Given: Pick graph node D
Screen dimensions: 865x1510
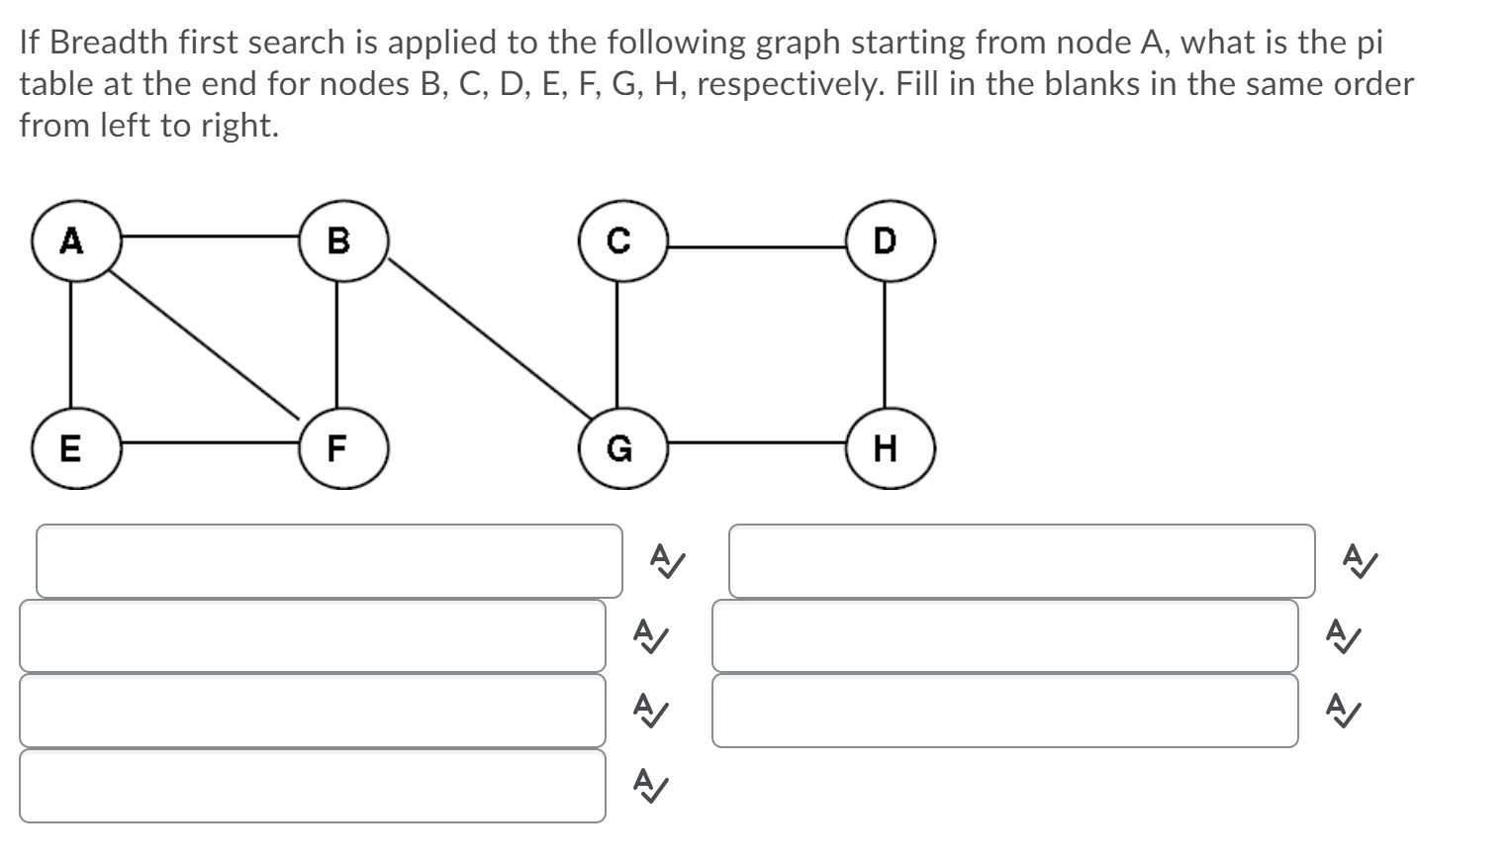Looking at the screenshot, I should [885, 240].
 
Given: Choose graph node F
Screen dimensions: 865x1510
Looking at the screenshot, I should [337, 448].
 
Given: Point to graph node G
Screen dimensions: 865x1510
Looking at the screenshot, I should [617, 448].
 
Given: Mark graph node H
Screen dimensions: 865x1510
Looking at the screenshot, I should [885, 448].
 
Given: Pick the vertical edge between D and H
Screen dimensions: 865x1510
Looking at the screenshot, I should [885, 344].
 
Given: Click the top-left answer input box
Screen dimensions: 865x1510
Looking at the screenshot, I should [330, 561].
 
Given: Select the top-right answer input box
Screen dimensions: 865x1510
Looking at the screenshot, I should [1021, 561].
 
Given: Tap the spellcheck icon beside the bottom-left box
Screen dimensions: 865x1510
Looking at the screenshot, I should [649, 785].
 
